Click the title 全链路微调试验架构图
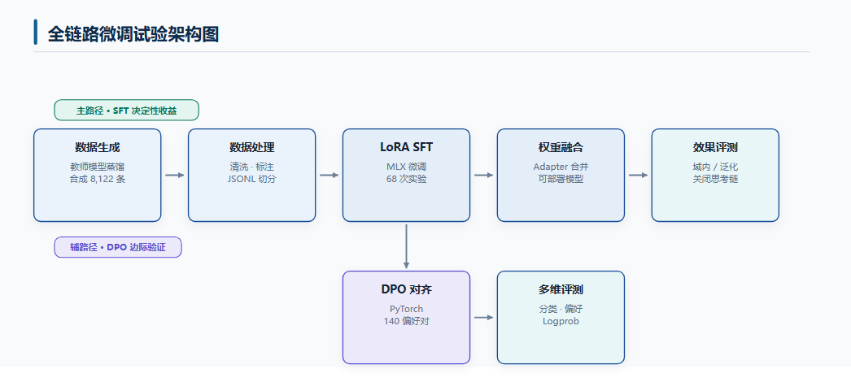(x=133, y=34)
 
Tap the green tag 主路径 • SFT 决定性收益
(x=126, y=110)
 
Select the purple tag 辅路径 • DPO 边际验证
(x=118, y=247)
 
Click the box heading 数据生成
(x=97, y=147)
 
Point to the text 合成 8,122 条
(x=97, y=179)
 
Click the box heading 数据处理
(x=252, y=147)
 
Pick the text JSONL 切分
(x=252, y=179)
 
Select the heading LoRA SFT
(x=407, y=147)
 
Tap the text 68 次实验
(x=407, y=179)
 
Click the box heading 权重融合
(x=561, y=147)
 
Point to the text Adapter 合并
(x=561, y=167)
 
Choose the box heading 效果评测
(x=715, y=147)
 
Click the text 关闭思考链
(x=715, y=179)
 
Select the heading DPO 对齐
(x=407, y=290)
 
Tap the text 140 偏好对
(x=407, y=321)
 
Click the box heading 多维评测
(x=561, y=290)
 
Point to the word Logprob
(x=561, y=321)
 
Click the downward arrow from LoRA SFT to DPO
(x=407, y=246)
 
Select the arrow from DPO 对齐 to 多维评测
(x=483, y=318)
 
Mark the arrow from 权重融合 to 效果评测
(x=638, y=175)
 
